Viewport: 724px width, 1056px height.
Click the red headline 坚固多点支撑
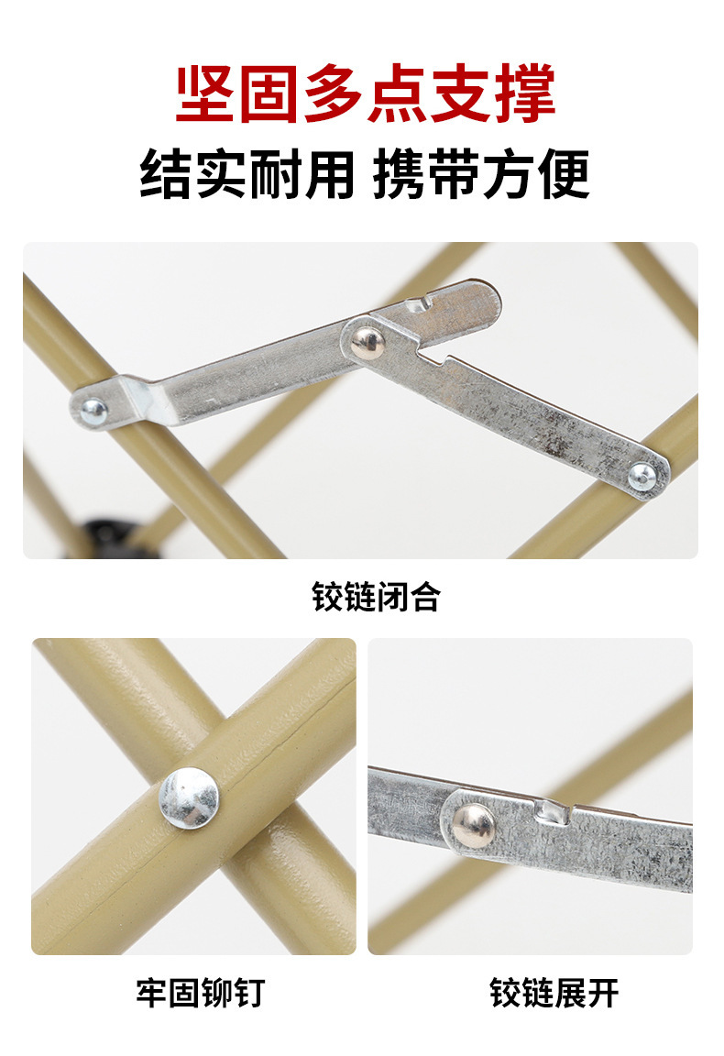pos(365,94)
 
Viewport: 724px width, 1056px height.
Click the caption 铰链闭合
pos(376,597)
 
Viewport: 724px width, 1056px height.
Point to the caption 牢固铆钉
pos(201,993)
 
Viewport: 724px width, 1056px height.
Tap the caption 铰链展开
pos(554,993)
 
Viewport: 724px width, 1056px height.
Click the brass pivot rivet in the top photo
pos(368,342)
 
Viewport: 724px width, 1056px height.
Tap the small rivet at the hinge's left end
pos(93,410)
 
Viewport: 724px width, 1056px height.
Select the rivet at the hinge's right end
pos(642,475)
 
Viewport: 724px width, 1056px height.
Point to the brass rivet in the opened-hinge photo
pos(472,825)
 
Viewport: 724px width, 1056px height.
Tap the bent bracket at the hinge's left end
pos(147,399)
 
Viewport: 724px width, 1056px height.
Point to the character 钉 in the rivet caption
pos(247,993)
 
